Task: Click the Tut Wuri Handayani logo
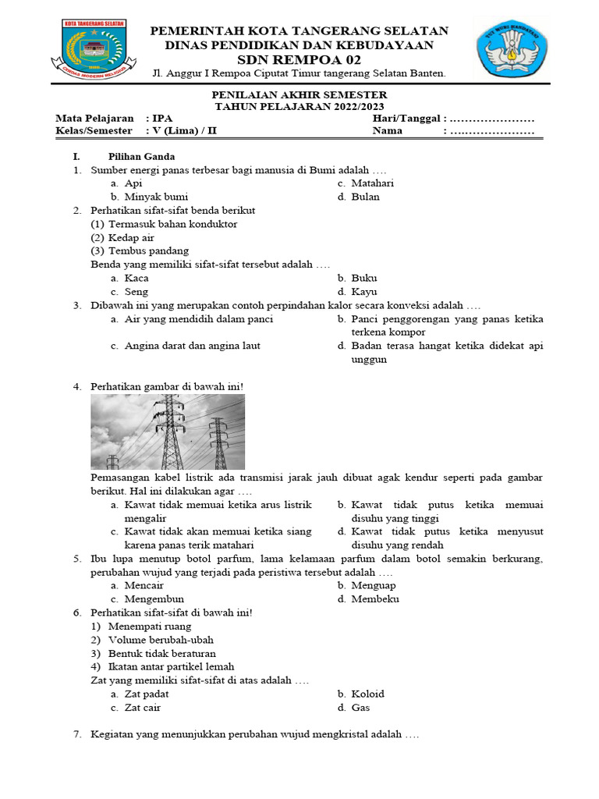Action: pyautogui.click(x=511, y=50)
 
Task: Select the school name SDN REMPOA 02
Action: pyautogui.click(x=299, y=59)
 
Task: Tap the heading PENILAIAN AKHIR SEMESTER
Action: pyautogui.click(x=299, y=95)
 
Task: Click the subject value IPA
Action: pyautogui.click(x=163, y=118)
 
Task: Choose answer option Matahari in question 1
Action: pyautogui.click(x=372, y=183)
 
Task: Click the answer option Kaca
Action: pyautogui.click(x=136, y=278)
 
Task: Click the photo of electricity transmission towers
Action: pyautogui.click(x=168, y=431)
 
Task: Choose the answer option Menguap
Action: pyautogui.click(x=374, y=585)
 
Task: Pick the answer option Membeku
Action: pyautogui.click(x=375, y=599)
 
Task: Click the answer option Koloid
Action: pyautogui.click(x=367, y=694)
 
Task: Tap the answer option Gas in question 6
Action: pyautogui.click(x=360, y=708)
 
